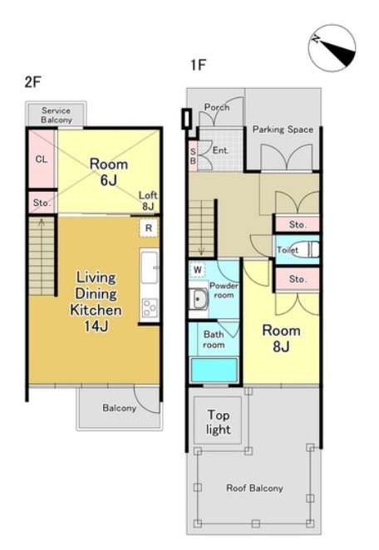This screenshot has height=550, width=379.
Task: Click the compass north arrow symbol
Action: (332, 48)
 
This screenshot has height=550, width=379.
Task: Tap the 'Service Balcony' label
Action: (57, 115)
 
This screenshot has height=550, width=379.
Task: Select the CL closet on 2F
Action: (42, 159)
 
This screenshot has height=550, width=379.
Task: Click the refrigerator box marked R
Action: (149, 228)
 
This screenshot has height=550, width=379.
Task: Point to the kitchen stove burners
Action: (150, 307)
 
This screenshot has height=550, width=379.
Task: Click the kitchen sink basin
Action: (150, 268)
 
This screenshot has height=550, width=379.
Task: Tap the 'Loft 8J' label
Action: (148, 200)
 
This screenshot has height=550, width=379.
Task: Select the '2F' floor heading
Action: (33, 81)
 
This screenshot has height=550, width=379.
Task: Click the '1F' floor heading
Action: (198, 65)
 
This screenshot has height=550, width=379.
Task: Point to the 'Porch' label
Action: (217, 107)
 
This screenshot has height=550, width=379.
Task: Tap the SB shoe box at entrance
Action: (193, 155)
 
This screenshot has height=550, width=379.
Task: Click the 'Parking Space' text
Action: (283, 130)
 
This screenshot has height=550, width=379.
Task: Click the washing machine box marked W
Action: (198, 270)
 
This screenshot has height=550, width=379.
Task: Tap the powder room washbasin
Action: (199, 299)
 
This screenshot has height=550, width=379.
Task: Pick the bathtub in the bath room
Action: (214, 370)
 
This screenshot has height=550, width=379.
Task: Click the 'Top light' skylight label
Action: (219, 422)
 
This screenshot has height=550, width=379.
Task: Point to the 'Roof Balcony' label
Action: (255, 488)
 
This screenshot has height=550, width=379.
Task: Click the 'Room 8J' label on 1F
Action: (282, 338)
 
